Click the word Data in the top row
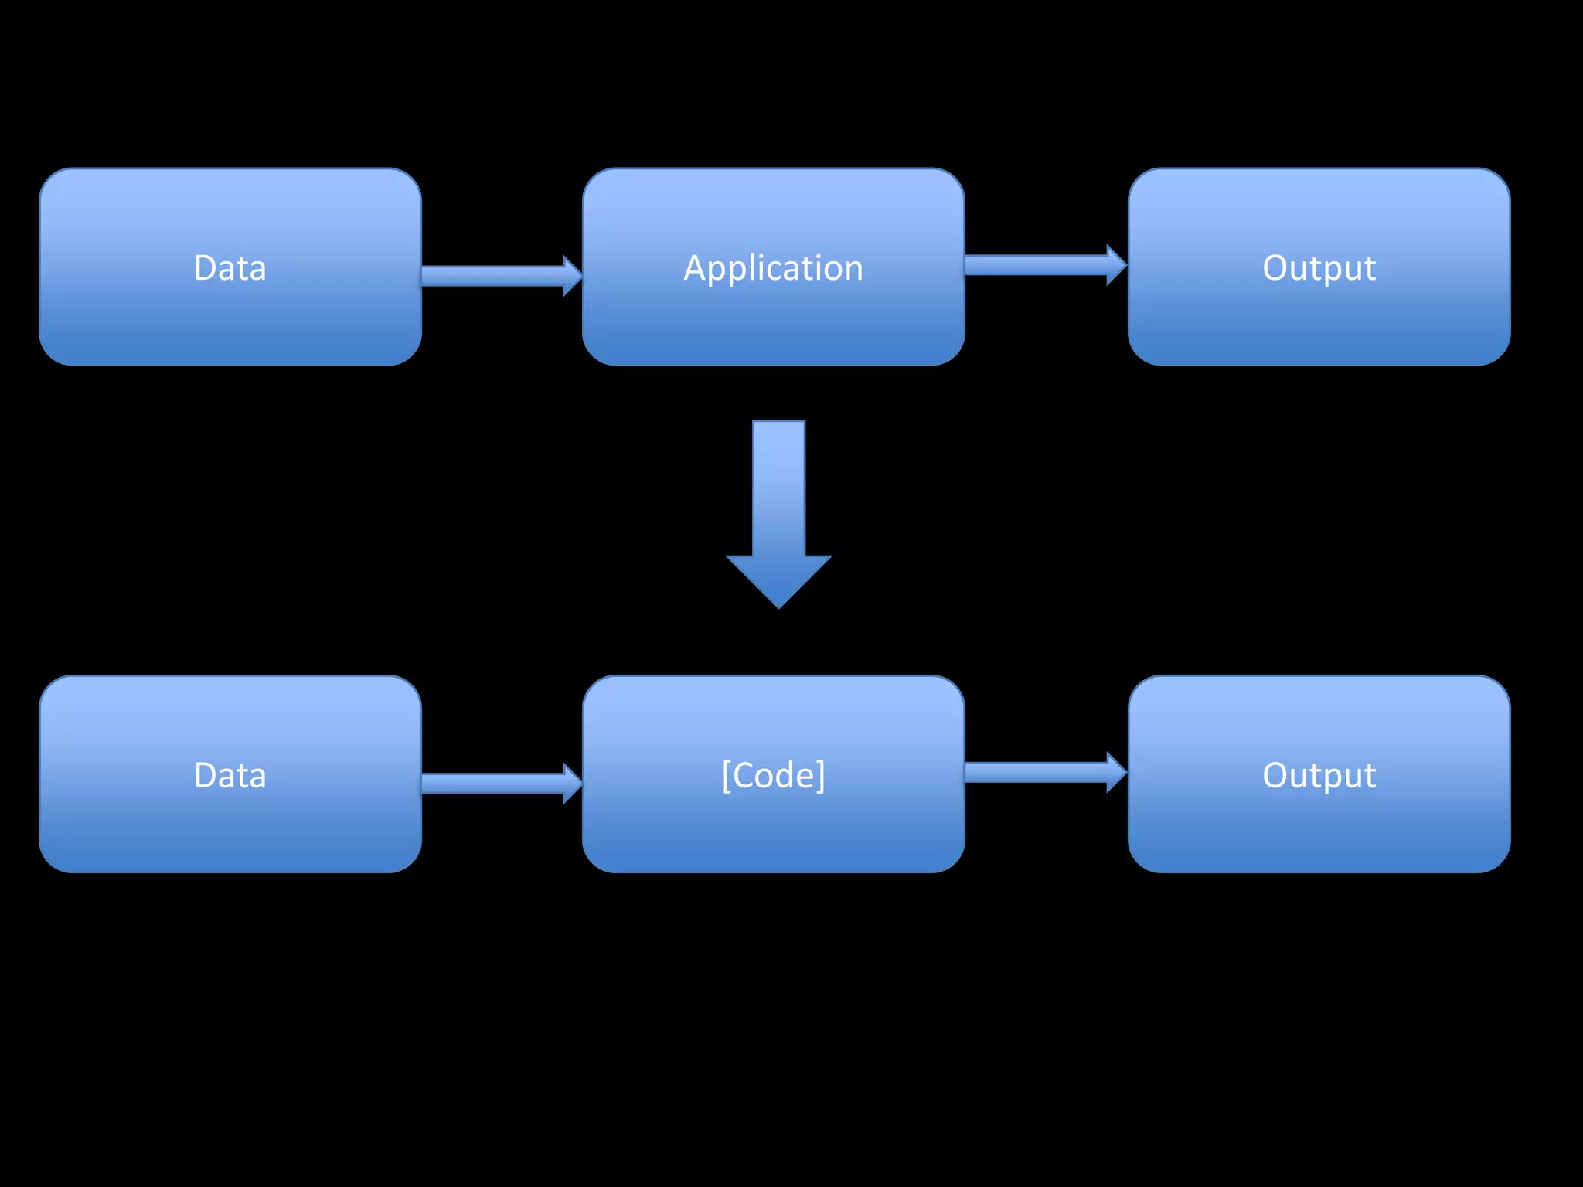point(230,268)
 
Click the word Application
point(773,268)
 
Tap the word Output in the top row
point(1319,268)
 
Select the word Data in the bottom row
point(230,775)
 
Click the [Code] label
point(773,775)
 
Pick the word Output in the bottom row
point(1319,775)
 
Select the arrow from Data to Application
point(495,276)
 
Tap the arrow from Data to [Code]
point(495,783)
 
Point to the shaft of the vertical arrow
point(779,487)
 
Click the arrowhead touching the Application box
point(572,276)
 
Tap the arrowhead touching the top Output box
point(1116,265)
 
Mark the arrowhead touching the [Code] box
point(572,783)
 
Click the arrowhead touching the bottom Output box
point(1116,772)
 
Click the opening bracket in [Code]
point(726,775)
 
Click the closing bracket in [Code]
point(821,775)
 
